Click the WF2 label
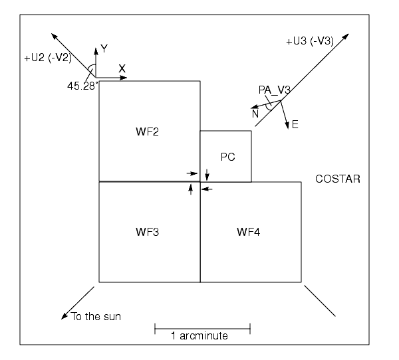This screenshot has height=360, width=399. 149,131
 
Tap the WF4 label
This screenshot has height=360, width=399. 250,232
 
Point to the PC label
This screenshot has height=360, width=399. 227,156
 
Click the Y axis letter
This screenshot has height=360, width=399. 103,48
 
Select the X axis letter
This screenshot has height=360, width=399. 122,69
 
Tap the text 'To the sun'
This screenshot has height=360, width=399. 96,316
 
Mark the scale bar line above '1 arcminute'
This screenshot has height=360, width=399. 202,327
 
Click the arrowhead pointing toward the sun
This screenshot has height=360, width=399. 64,317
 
